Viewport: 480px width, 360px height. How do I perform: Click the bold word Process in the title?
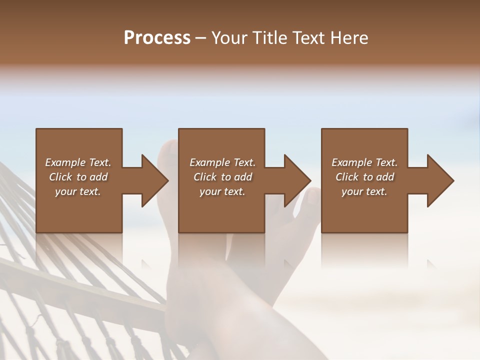point(157,38)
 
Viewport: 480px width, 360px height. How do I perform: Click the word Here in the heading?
point(349,38)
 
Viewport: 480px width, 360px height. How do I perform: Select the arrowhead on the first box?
point(154,180)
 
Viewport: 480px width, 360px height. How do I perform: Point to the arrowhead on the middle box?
point(297,180)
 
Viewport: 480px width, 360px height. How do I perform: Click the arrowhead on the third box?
point(440,180)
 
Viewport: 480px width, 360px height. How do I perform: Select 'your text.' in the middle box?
point(222,191)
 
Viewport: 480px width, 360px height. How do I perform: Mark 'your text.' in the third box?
point(364,191)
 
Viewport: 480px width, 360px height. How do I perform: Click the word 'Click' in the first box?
point(60,177)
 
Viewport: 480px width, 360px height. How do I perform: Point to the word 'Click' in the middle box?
point(205,177)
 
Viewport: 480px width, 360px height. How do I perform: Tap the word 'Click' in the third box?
point(347,177)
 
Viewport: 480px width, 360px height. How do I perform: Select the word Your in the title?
point(227,38)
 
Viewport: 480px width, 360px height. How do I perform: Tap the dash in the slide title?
point(201,38)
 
